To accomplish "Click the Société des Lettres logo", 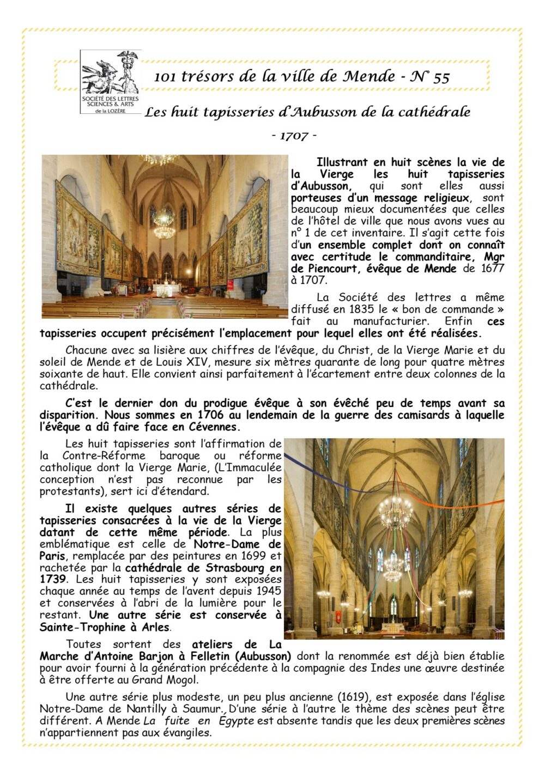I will [110, 82].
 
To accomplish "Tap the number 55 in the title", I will [441, 77].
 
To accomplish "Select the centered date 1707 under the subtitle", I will [294, 136].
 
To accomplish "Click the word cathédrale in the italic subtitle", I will [434, 112].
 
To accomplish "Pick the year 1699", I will [255, 556].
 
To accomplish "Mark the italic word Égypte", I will [236, 721].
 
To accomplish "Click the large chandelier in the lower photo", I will [395, 512].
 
